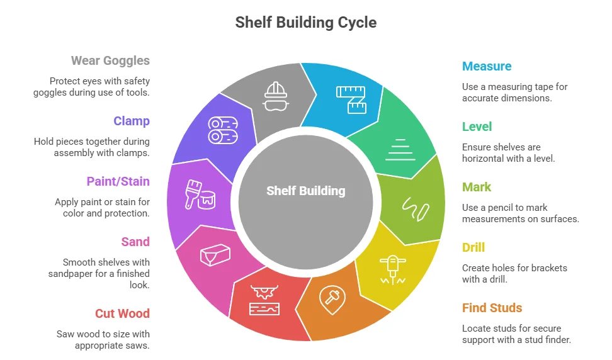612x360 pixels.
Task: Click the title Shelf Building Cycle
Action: (x=305, y=23)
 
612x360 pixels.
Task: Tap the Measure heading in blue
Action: (x=487, y=66)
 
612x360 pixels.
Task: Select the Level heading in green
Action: (x=477, y=127)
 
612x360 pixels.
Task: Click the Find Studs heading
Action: (x=492, y=308)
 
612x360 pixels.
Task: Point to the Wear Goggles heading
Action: (x=110, y=61)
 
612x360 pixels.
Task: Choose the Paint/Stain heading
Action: (x=118, y=181)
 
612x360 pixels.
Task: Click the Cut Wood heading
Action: (x=123, y=313)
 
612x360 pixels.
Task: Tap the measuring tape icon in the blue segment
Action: (x=351, y=100)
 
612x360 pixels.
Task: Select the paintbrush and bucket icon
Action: (x=200, y=194)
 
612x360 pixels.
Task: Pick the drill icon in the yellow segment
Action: (x=393, y=270)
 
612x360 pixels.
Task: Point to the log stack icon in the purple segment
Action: (x=223, y=130)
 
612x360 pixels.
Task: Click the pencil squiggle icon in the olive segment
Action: (x=416, y=209)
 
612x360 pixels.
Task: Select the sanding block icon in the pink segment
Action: (x=215, y=255)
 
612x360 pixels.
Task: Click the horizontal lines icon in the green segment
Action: (x=400, y=149)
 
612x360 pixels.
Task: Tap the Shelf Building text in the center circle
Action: (x=305, y=191)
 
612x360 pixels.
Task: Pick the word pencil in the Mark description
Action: (x=499, y=208)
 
